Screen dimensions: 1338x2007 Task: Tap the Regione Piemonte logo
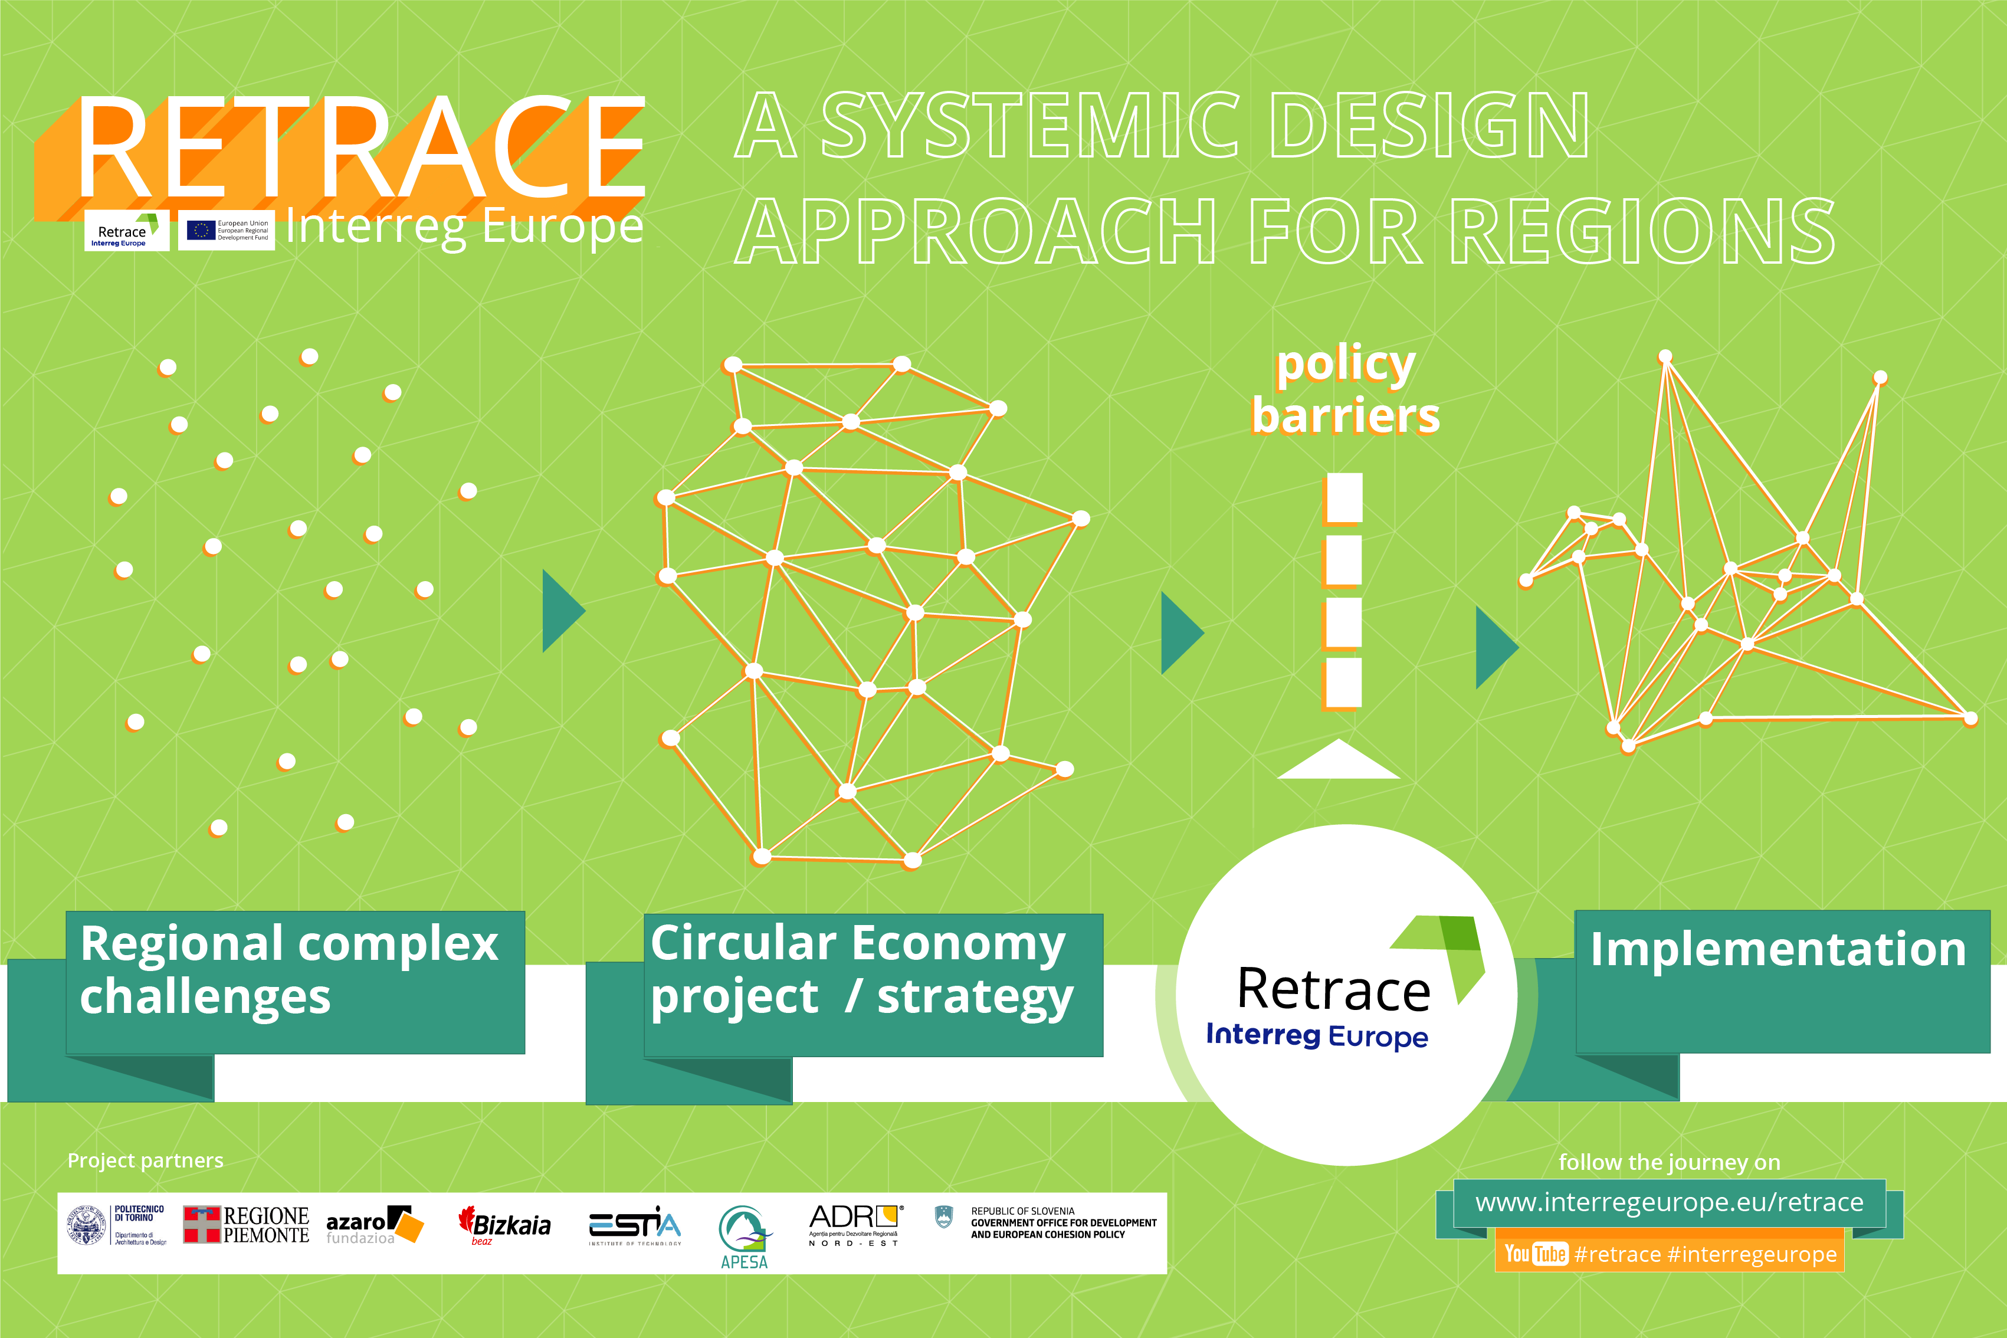tap(246, 1225)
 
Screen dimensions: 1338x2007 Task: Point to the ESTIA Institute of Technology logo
tap(635, 1226)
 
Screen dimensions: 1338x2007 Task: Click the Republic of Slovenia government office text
tap(1063, 1223)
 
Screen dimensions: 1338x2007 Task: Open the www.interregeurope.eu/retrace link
tap(1669, 1202)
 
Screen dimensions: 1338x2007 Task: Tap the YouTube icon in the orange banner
tap(1536, 1254)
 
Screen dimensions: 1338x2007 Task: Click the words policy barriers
tap(1346, 390)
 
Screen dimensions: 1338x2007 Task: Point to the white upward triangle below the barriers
tap(1338, 761)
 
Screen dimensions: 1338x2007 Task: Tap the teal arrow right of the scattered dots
tap(562, 611)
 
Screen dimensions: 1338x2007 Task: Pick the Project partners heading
tap(145, 1160)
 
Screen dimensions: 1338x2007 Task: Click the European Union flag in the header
tap(201, 231)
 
